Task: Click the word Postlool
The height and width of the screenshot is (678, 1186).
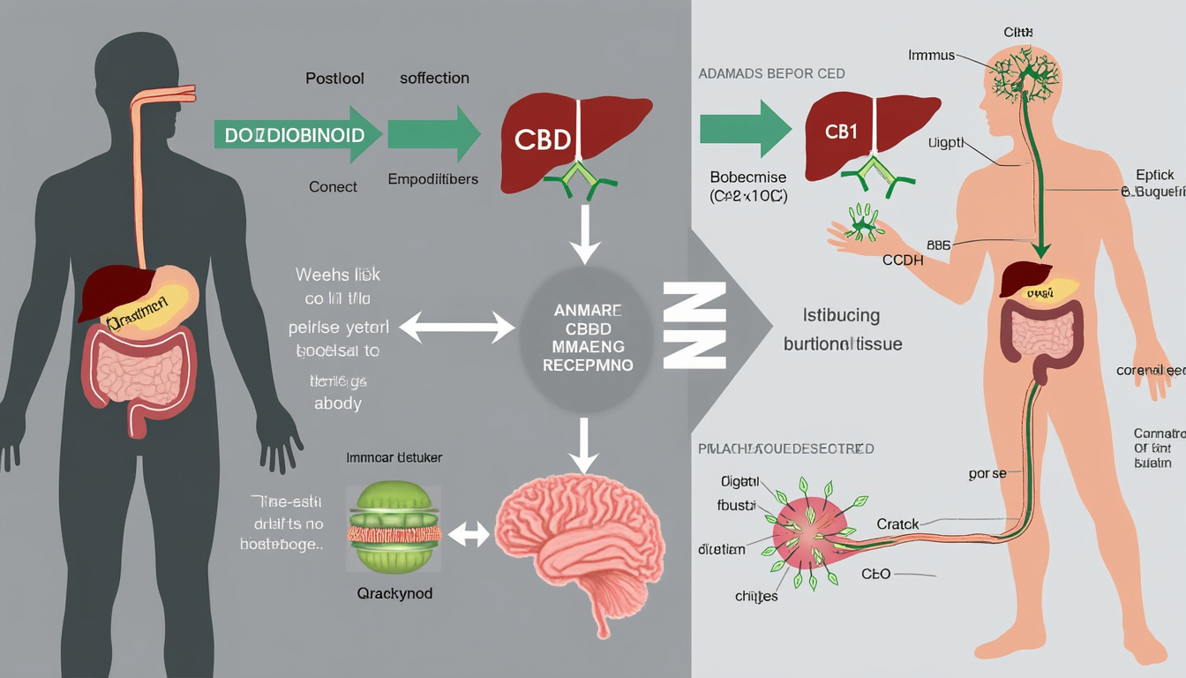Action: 334,78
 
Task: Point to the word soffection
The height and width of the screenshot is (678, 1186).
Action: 434,78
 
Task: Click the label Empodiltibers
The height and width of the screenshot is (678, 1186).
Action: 432,179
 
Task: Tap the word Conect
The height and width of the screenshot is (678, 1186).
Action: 333,186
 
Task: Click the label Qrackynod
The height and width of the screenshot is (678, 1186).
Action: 394,593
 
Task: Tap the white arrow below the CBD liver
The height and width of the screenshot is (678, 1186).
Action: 582,235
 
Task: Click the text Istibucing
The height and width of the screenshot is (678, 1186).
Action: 842,315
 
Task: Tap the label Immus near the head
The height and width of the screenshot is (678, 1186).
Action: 931,55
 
